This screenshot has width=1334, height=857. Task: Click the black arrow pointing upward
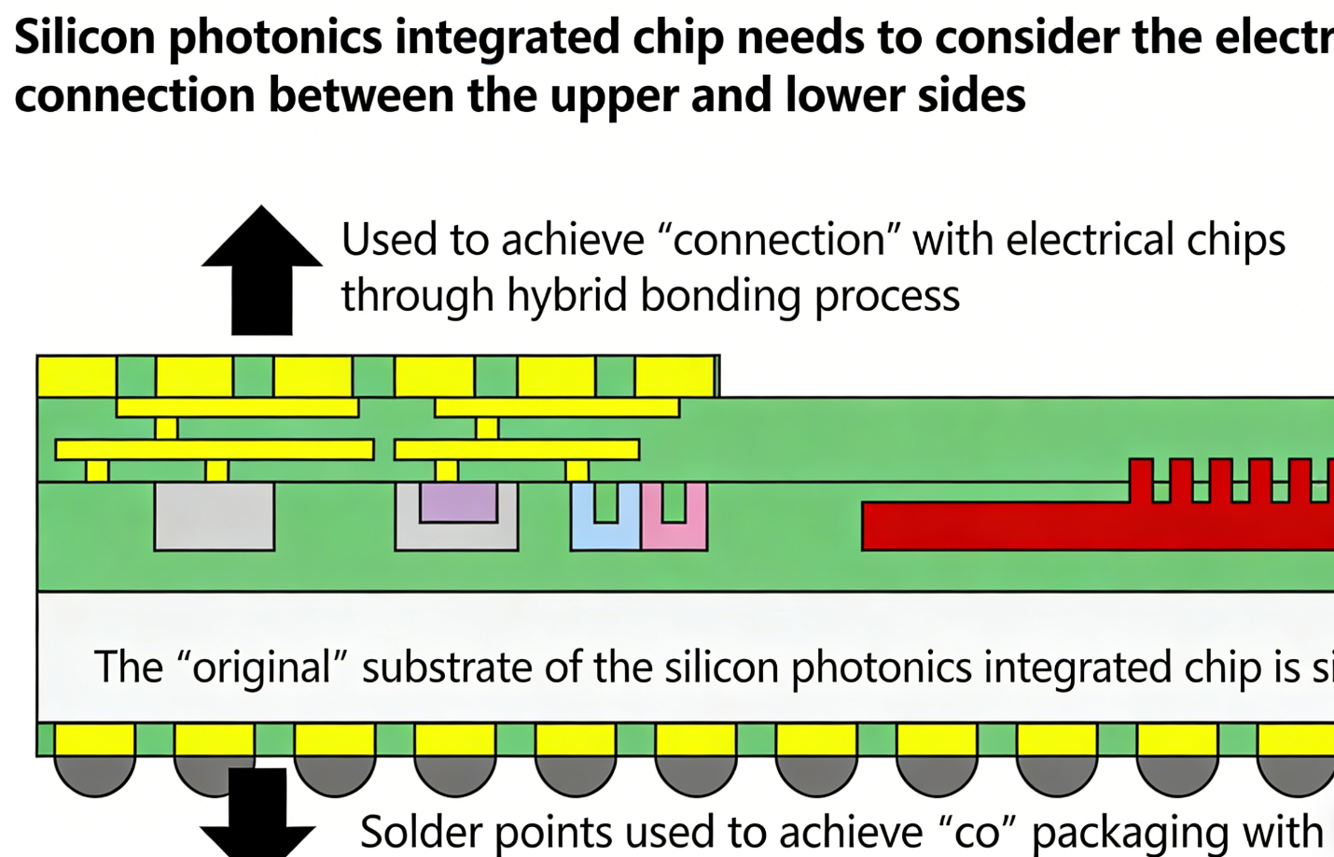click(x=261, y=271)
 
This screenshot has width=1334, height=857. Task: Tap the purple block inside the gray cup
click(x=457, y=502)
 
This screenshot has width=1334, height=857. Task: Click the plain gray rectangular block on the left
click(x=214, y=516)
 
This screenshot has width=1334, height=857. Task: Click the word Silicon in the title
click(x=84, y=37)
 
